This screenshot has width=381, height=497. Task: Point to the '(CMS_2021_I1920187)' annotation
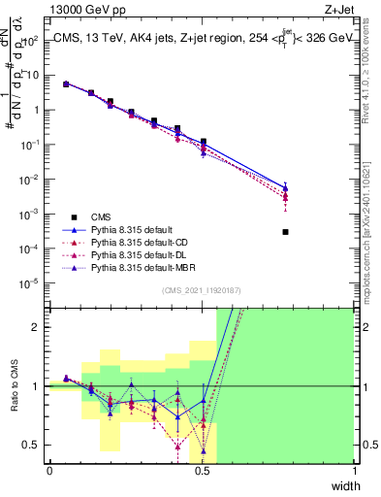[202, 288]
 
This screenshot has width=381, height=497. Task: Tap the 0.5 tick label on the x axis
[202, 471]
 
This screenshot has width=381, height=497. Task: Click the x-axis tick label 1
[354, 471]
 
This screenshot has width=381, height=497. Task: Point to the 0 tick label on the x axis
[49, 471]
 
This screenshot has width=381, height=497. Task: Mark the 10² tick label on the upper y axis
[31, 41]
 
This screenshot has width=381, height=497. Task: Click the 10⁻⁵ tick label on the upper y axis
[31, 283]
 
